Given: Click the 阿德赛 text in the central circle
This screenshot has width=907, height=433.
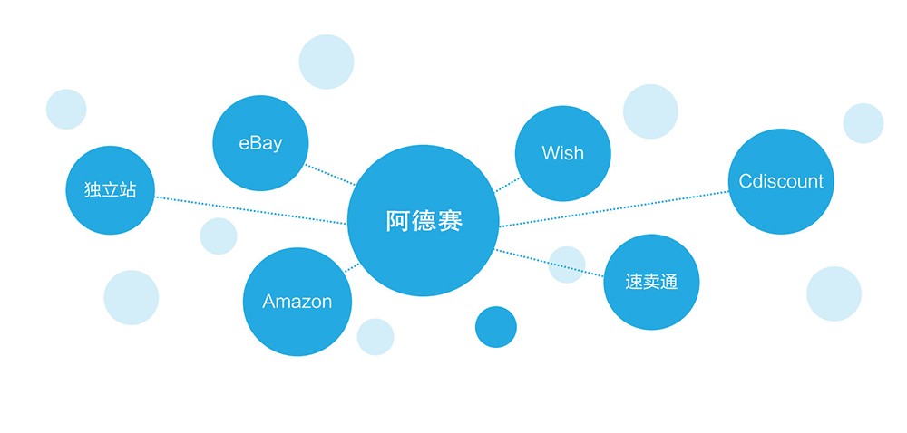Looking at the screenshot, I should coord(424,221).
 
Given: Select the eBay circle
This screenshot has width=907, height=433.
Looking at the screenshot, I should coord(260,143).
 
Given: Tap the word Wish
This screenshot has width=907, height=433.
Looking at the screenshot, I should coord(562,153).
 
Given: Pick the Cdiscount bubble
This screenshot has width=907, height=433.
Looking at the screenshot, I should coord(781,181).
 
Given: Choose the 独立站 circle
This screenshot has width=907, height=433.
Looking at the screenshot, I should coord(110,190).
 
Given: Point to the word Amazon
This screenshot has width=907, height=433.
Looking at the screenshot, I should coord(297,302).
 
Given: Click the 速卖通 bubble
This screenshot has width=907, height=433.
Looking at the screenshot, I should coord(650,282).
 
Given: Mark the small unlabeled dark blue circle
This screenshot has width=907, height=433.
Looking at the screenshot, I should coord(496,327).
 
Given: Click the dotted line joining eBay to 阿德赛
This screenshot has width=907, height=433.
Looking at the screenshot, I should coord(328,174).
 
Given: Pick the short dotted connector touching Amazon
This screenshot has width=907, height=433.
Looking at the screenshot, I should coord(352,268).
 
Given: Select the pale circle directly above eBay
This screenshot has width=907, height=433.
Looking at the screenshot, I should coord(327,62).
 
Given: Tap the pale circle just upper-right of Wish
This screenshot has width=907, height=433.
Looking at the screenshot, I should coord(650,111).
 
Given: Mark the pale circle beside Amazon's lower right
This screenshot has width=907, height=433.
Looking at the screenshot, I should coord(375,337).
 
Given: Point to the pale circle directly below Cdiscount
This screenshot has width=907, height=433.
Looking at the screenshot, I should coord(834,293).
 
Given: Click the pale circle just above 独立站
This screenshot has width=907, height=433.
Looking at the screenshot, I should coord(66,110).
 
